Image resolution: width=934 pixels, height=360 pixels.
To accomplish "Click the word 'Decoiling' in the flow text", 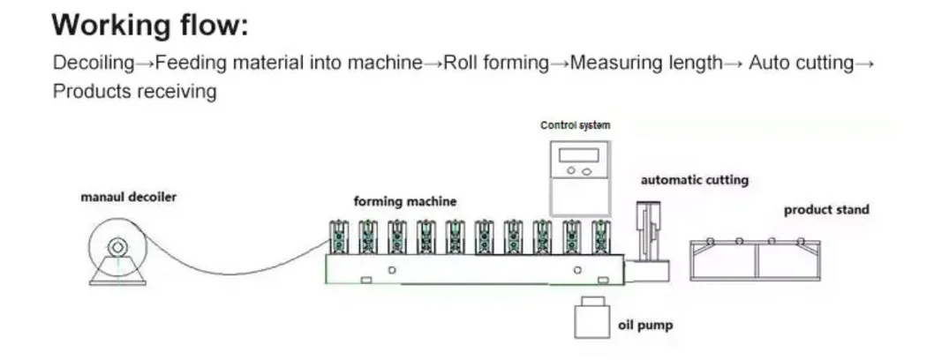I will pyautogui.click(x=94, y=64).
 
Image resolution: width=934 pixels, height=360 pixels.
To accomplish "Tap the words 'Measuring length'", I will pyautogui.click(x=645, y=64).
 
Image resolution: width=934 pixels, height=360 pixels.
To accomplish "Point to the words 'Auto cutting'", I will pyautogui.click(x=801, y=64).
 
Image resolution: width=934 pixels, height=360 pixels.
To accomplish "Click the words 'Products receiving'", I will pyautogui.click(x=134, y=91).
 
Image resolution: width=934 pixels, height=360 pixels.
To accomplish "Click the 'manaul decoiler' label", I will pyautogui.click(x=129, y=197).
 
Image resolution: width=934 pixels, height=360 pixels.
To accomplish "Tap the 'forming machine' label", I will pyautogui.click(x=405, y=201).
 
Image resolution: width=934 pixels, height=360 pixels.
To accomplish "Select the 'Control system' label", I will pyautogui.click(x=575, y=125).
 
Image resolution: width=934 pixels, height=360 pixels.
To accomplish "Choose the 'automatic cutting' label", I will pyautogui.click(x=694, y=180).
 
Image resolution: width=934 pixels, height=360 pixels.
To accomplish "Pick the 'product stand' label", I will pyautogui.click(x=826, y=210).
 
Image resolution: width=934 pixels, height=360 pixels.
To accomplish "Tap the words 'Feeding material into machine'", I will pyautogui.click(x=289, y=64).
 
